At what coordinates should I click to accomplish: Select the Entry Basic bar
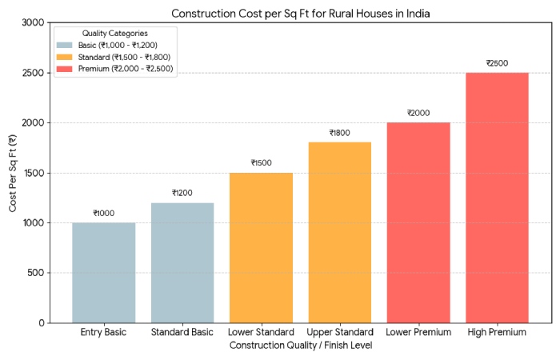point(104,272)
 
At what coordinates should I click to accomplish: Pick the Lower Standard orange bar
point(261,247)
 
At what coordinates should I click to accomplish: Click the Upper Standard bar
point(340,232)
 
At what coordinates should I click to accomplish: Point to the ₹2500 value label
point(497,63)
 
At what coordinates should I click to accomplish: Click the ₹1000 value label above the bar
point(104,213)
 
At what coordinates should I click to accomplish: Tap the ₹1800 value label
point(340,133)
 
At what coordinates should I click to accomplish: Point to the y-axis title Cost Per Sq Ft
point(14,173)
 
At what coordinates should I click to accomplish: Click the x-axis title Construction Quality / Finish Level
point(301,346)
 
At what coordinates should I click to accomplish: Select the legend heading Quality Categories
point(114,33)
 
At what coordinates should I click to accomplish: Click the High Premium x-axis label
point(497,332)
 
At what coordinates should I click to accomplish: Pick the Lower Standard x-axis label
point(261,332)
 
